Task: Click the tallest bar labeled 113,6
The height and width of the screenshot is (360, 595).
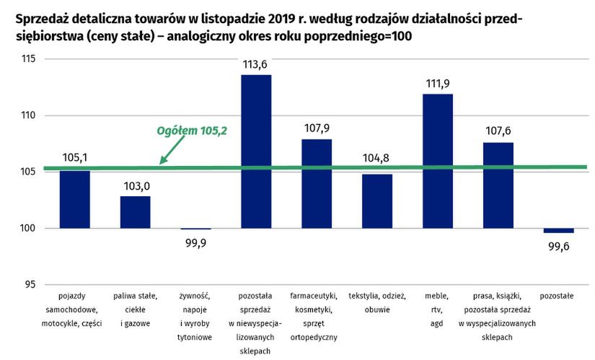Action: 255,152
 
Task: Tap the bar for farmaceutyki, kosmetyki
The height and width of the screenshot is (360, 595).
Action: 316,183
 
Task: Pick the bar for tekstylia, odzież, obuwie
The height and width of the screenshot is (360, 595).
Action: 376,201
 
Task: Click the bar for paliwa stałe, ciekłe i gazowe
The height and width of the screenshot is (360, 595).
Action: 135,211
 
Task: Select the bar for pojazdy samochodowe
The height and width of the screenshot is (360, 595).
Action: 74,199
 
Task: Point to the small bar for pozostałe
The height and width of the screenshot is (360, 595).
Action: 558,230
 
